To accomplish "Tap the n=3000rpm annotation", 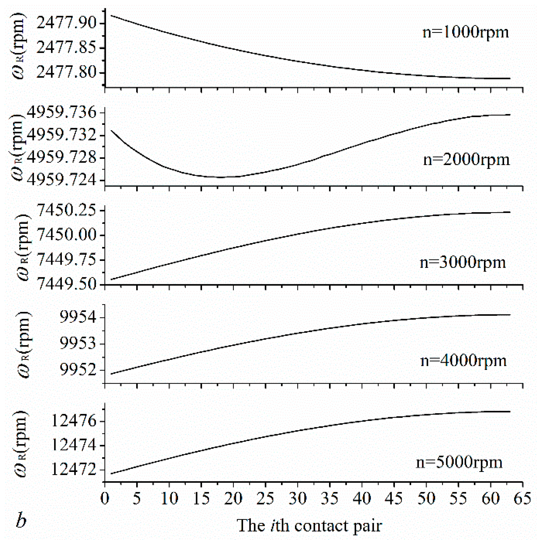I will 463,262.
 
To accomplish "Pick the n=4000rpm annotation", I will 463,360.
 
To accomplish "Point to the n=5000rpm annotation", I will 459,462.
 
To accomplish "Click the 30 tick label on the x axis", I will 298,498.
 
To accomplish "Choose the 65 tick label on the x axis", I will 522,498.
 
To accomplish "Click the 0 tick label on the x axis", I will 105,498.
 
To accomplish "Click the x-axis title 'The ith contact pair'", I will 309,526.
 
